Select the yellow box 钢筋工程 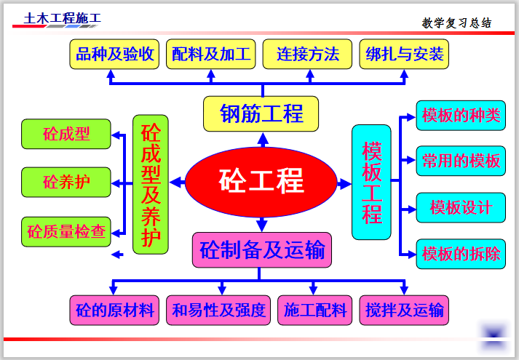tap(261, 114)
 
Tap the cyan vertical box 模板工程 tap(371, 182)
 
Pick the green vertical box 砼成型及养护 tap(151, 184)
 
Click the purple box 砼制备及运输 tap(262, 251)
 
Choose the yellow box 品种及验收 tap(115, 55)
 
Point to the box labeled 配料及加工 tap(211, 55)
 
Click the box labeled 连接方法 tap(308, 55)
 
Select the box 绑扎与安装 tap(404, 55)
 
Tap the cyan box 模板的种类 tap(461, 116)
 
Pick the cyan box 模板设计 tap(461, 208)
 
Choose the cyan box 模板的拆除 tap(461, 254)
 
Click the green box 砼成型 tap(66, 135)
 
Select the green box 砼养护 tap(66, 183)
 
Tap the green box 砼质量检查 tap(66, 232)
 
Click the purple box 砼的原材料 tap(115, 311)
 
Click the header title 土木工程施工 tap(63, 18)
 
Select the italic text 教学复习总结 tap(457, 23)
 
